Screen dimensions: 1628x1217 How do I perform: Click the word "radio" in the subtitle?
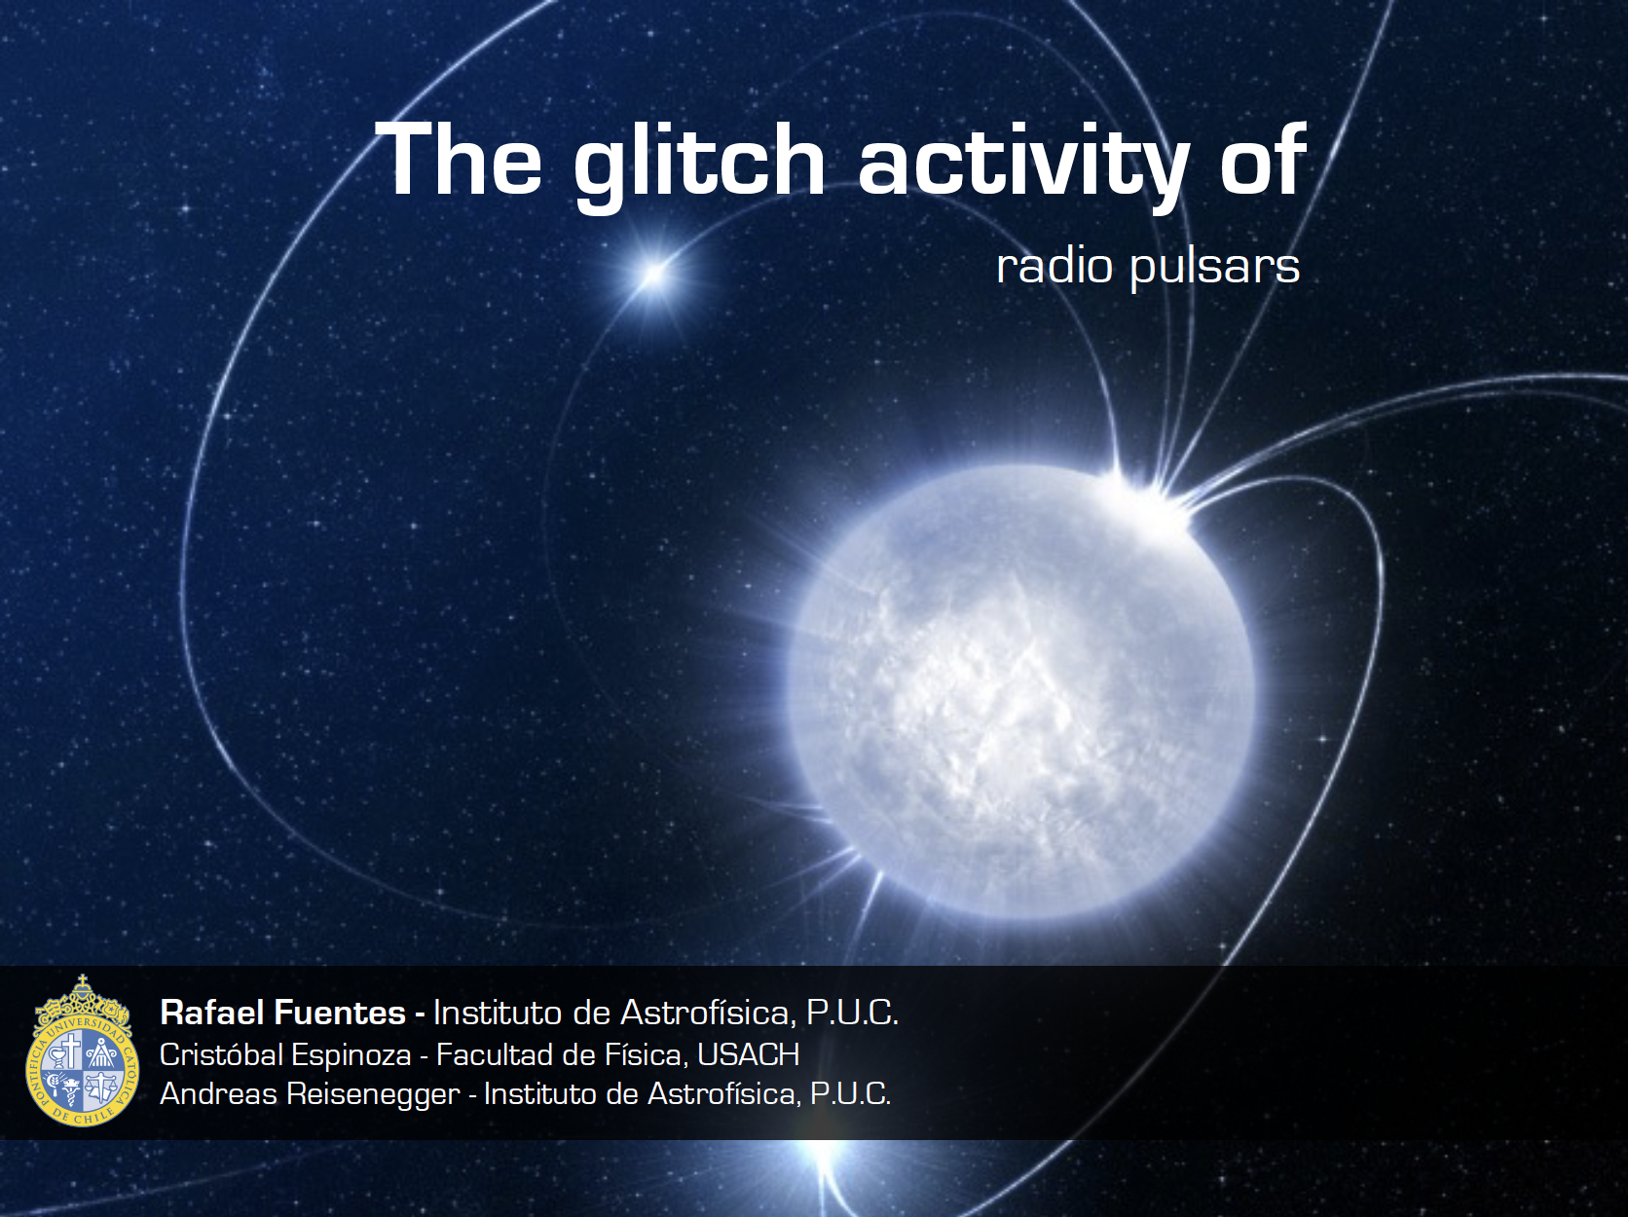click(x=1054, y=266)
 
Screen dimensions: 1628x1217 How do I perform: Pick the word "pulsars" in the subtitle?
click(x=1215, y=269)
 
